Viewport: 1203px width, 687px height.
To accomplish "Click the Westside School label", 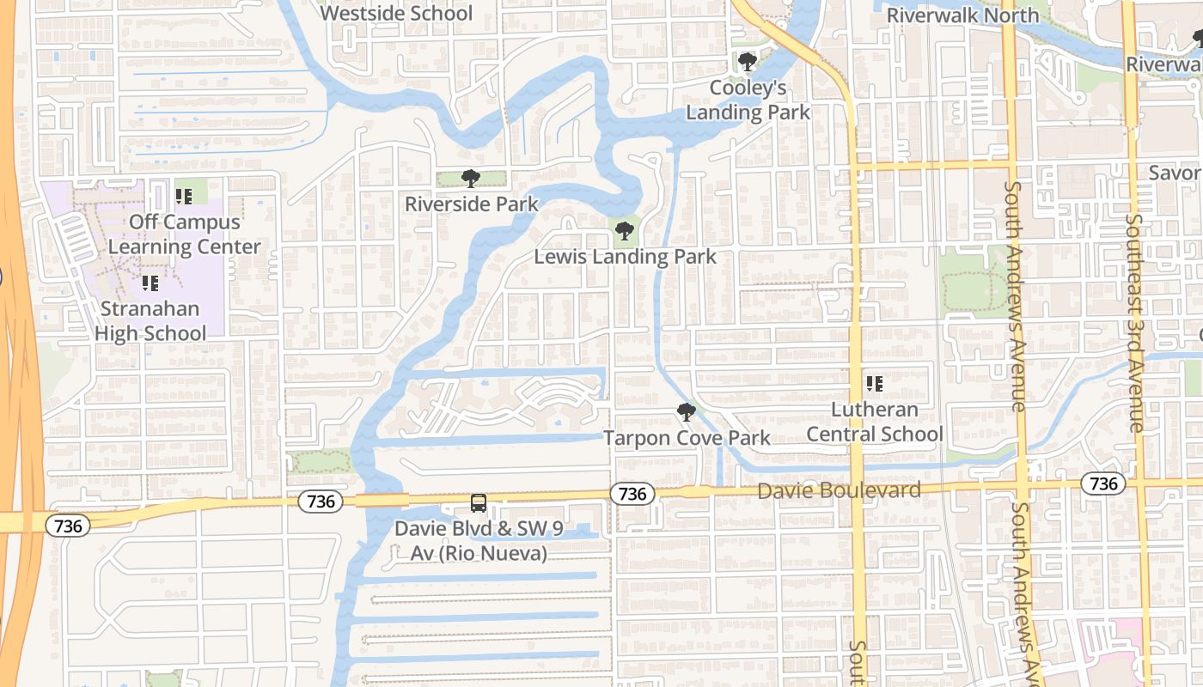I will coord(396,13).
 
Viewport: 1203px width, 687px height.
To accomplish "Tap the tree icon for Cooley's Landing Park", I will coord(748,62).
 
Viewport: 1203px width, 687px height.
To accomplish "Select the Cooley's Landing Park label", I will coord(748,100).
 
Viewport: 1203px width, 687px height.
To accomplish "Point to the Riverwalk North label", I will coord(962,15).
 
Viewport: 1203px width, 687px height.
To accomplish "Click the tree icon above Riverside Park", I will coord(470,179).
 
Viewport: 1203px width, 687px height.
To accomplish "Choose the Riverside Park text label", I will coord(472,204).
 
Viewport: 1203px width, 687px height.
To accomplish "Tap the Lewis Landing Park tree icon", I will coord(625,230).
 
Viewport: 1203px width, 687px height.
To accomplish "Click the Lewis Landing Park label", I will coord(625,257).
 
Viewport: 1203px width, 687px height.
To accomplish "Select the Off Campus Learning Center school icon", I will coord(183,197).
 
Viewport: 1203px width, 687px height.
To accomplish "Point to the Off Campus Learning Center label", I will coord(184,234).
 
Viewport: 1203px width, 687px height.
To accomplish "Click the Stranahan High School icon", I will coord(150,283).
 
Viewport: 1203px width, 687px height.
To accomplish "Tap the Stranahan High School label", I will coord(150,321).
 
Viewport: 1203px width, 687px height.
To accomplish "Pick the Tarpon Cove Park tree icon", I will coord(686,412).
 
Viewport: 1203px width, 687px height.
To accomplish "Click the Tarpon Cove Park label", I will coord(687,438).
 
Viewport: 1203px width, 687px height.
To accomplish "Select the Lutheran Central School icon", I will coord(875,383).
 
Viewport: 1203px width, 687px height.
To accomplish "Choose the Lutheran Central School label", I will coord(875,422).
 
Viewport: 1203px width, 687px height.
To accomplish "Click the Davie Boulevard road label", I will coord(840,490).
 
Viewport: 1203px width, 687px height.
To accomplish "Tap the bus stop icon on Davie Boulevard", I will coord(479,503).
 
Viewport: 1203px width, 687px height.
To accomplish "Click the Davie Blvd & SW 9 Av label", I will coord(479,540).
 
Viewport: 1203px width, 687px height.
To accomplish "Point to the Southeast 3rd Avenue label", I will coord(1135,323).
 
